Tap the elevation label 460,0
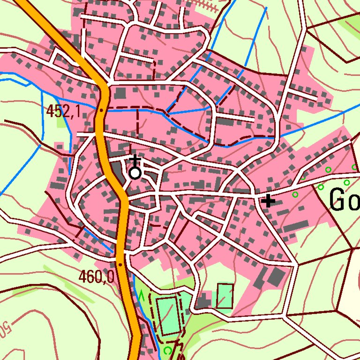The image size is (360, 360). point(96,277)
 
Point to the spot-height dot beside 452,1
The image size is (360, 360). point(101,110)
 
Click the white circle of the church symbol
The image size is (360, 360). point(135,173)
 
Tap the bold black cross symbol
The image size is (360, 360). point(268,201)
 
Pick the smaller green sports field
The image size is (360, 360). point(225,296)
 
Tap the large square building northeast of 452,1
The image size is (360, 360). point(120,93)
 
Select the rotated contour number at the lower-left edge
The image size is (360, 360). point(6,328)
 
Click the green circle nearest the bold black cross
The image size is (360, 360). point(295,194)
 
